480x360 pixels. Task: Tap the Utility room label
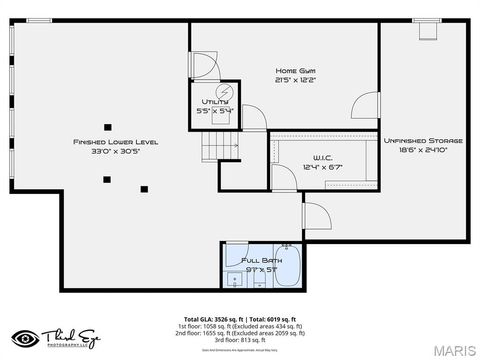pos(215,102)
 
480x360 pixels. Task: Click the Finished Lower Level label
pos(115,142)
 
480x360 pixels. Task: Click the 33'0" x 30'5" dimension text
pos(115,152)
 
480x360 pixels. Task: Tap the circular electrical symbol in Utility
pos(225,91)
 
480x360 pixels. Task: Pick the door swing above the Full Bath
pos(317,215)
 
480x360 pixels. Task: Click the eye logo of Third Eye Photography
pos(26,337)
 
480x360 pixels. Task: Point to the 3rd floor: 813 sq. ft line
pos(240,341)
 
